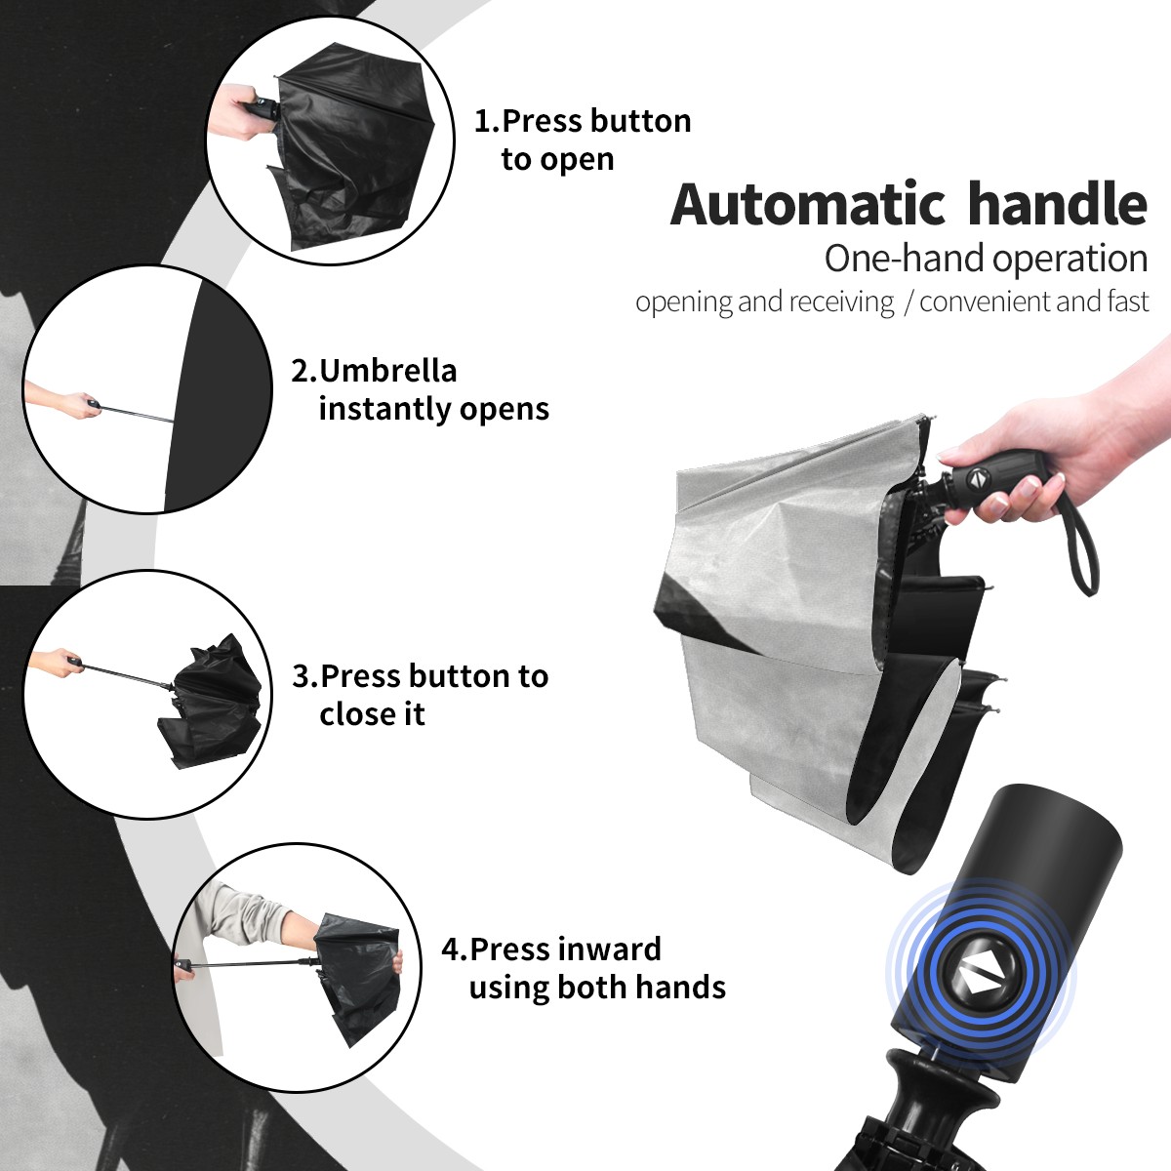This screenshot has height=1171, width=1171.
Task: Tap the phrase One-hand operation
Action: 986,259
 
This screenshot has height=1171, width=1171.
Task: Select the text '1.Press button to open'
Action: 583,140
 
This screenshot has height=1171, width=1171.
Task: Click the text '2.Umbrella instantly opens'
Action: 420,389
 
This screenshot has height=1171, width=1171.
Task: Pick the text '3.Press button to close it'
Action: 420,695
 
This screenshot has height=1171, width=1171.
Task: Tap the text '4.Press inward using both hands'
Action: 584,968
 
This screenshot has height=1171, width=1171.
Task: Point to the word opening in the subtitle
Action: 683,303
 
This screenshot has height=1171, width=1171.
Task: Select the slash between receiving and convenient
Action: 908,303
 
